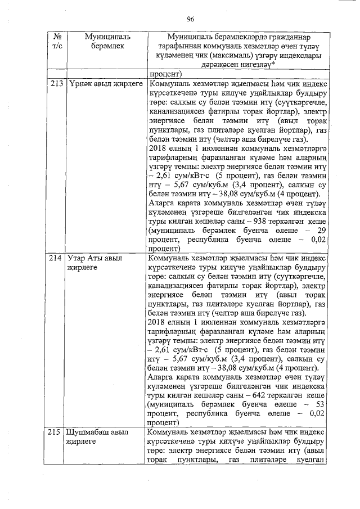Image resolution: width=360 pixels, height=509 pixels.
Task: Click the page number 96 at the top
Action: pyautogui.click(x=190, y=19)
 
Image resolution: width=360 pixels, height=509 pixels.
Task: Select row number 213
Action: pyautogui.click(x=56, y=84)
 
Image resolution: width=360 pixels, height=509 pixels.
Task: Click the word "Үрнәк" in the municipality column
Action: pyautogui.click(x=79, y=84)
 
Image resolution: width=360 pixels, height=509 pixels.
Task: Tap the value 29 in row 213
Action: pyautogui.click(x=321, y=230)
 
